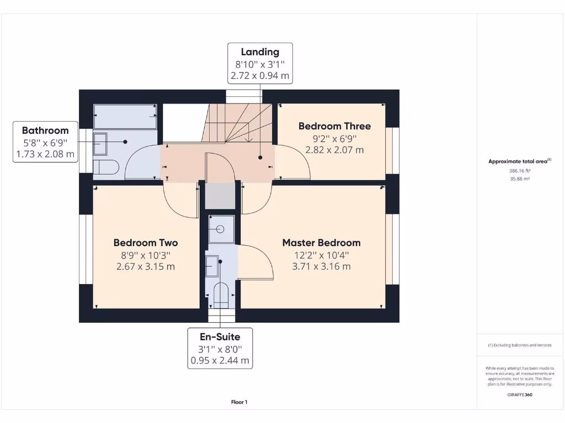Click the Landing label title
pyautogui.click(x=260, y=52)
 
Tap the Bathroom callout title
pyautogui.click(x=45, y=131)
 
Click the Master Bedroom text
pyautogui.click(x=321, y=243)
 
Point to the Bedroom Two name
pyautogui.click(x=146, y=243)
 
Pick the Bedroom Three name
pyautogui.click(x=334, y=126)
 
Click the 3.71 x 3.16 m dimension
pyautogui.click(x=321, y=267)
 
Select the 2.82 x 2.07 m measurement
pyautogui.click(x=334, y=150)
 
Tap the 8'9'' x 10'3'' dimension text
pyautogui.click(x=146, y=255)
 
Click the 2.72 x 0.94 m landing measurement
pyautogui.click(x=260, y=76)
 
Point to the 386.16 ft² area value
pyautogui.click(x=519, y=171)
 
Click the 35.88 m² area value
pyautogui.click(x=519, y=178)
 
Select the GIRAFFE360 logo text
pyautogui.click(x=520, y=394)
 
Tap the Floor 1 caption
pyautogui.click(x=239, y=402)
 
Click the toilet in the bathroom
pyautogui.click(x=105, y=167)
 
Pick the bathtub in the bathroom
pyautogui.click(x=125, y=116)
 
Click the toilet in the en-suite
pyautogui.click(x=221, y=295)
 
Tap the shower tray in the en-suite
pyautogui.click(x=222, y=229)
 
